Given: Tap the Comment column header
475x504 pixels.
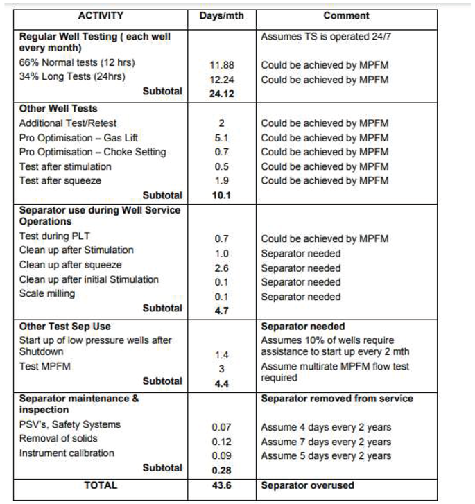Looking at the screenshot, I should point(346,15).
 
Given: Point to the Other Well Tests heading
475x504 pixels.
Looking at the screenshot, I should point(58,109).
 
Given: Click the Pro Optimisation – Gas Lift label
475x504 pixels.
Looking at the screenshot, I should point(79,137).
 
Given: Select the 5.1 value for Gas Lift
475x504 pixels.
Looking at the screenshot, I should point(221,138).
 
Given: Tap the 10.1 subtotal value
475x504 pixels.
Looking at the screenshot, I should point(221,195).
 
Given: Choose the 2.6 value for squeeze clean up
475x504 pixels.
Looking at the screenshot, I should point(221,268).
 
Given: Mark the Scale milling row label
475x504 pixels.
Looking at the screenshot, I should point(47,294).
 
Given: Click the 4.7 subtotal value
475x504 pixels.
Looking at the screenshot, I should point(221,311).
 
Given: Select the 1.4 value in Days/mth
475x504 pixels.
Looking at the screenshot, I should point(221,355).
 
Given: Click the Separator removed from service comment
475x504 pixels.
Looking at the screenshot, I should point(337,399).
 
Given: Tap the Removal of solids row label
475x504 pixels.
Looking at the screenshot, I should point(58,439).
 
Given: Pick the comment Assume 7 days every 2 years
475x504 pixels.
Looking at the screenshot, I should point(326,442).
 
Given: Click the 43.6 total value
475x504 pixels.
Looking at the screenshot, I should point(221,486).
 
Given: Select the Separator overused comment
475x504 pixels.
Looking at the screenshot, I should point(307,486).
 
